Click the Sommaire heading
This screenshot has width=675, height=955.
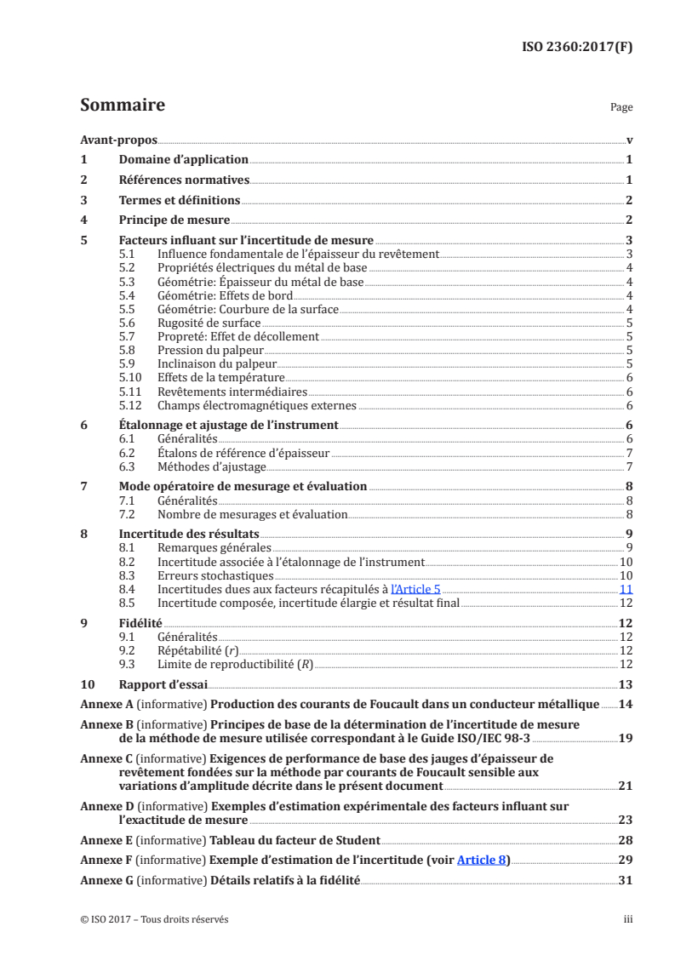click(122, 106)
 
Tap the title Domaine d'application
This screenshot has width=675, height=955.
click(183, 159)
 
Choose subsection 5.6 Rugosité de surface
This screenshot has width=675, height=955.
click(209, 323)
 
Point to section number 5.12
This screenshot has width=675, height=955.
click(129, 405)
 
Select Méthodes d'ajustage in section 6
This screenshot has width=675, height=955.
click(212, 466)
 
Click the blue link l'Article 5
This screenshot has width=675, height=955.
click(415, 589)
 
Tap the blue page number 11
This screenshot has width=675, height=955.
click(626, 589)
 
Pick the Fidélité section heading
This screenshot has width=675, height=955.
click(138, 623)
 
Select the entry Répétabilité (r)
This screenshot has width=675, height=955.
click(197, 650)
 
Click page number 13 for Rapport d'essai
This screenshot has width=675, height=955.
click(625, 684)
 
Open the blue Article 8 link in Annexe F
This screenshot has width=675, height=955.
click(482, 860)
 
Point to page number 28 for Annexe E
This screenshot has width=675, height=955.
click(625, 839)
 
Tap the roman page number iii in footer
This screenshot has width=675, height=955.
click(627, 919)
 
